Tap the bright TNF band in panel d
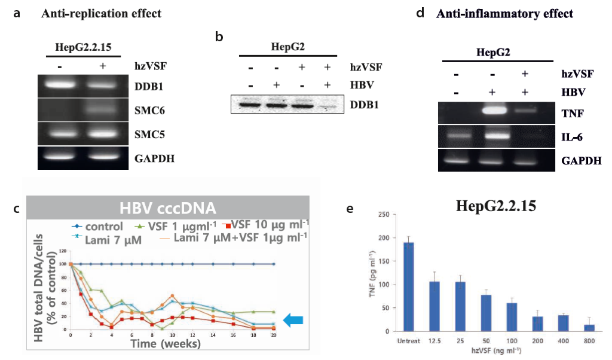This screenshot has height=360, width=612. click(x=489, y=111)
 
